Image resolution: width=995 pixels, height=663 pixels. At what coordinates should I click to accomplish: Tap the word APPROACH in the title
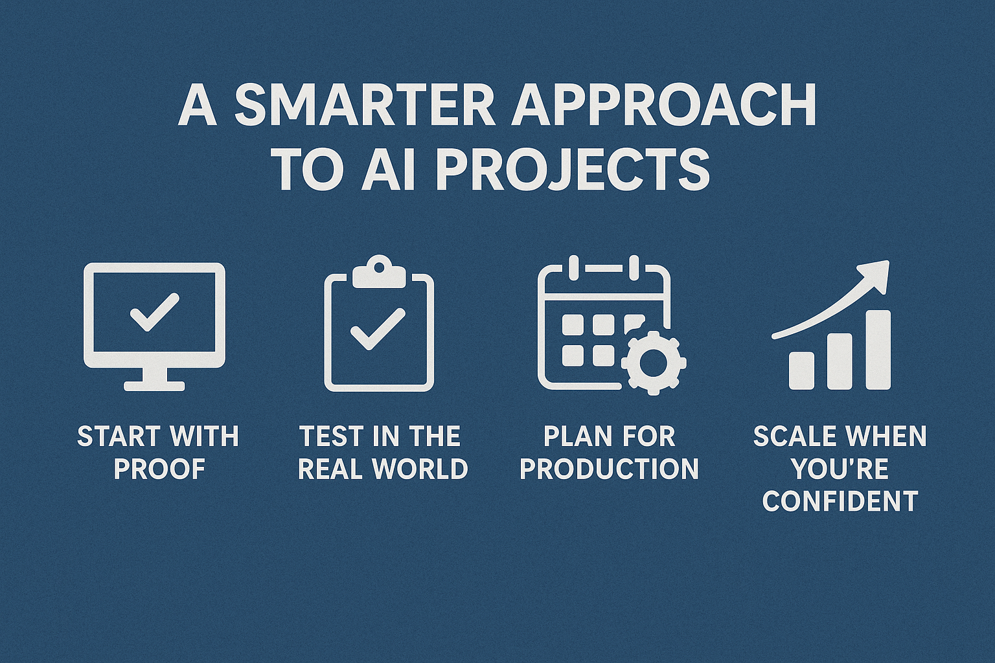663,107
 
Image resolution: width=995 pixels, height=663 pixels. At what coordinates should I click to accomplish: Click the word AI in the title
389,170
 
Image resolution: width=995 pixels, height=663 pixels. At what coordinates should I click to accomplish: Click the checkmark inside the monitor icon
155,312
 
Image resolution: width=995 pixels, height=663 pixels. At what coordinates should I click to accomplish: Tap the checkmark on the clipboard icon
378,329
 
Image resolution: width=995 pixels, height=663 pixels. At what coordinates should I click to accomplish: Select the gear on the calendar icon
654,363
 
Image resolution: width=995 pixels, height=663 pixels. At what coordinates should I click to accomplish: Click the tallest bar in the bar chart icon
878,350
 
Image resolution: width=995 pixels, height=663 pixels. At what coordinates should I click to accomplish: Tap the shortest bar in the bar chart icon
802,371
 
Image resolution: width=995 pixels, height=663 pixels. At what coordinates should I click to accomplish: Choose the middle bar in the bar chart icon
840,361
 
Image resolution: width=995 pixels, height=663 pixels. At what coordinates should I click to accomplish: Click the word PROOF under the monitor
159,469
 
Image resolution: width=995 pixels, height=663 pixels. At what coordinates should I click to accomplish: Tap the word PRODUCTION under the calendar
609,469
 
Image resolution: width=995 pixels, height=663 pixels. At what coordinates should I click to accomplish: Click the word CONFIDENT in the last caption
840,500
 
